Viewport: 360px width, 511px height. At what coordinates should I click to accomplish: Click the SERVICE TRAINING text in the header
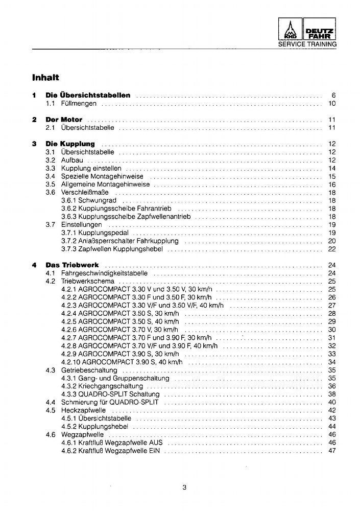pos(307,44)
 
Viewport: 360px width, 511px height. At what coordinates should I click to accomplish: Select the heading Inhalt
pos(46,78)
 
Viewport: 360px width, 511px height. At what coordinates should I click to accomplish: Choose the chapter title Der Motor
pos(64,120)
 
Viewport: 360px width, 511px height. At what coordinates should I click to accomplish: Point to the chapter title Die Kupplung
pos(70,144)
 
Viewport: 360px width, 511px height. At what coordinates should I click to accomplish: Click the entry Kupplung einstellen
pos(91,168)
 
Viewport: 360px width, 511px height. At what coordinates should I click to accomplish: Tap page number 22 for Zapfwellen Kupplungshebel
pos(331,249)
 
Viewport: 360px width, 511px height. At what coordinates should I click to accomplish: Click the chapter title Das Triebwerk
pos(72,265)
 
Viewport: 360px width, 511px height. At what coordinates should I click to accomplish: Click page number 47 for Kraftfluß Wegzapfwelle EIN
pos(331,451)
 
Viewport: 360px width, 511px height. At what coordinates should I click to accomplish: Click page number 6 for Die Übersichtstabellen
pos(333,95)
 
